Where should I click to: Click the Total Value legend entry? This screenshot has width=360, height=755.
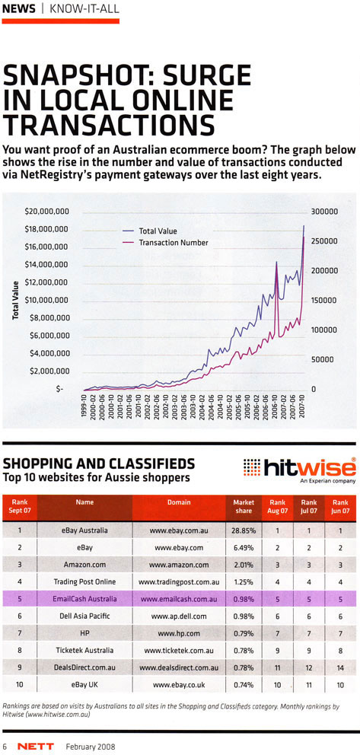click(x=158, y=230)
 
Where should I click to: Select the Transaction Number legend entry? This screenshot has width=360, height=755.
click(x=173, y=243)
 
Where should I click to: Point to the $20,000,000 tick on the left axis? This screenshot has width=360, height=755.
click(x=48, y=211)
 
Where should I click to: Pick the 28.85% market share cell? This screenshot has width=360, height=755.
click(x=244, y=529)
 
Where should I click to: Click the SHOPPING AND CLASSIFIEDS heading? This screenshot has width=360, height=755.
click(x=99, y=464)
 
